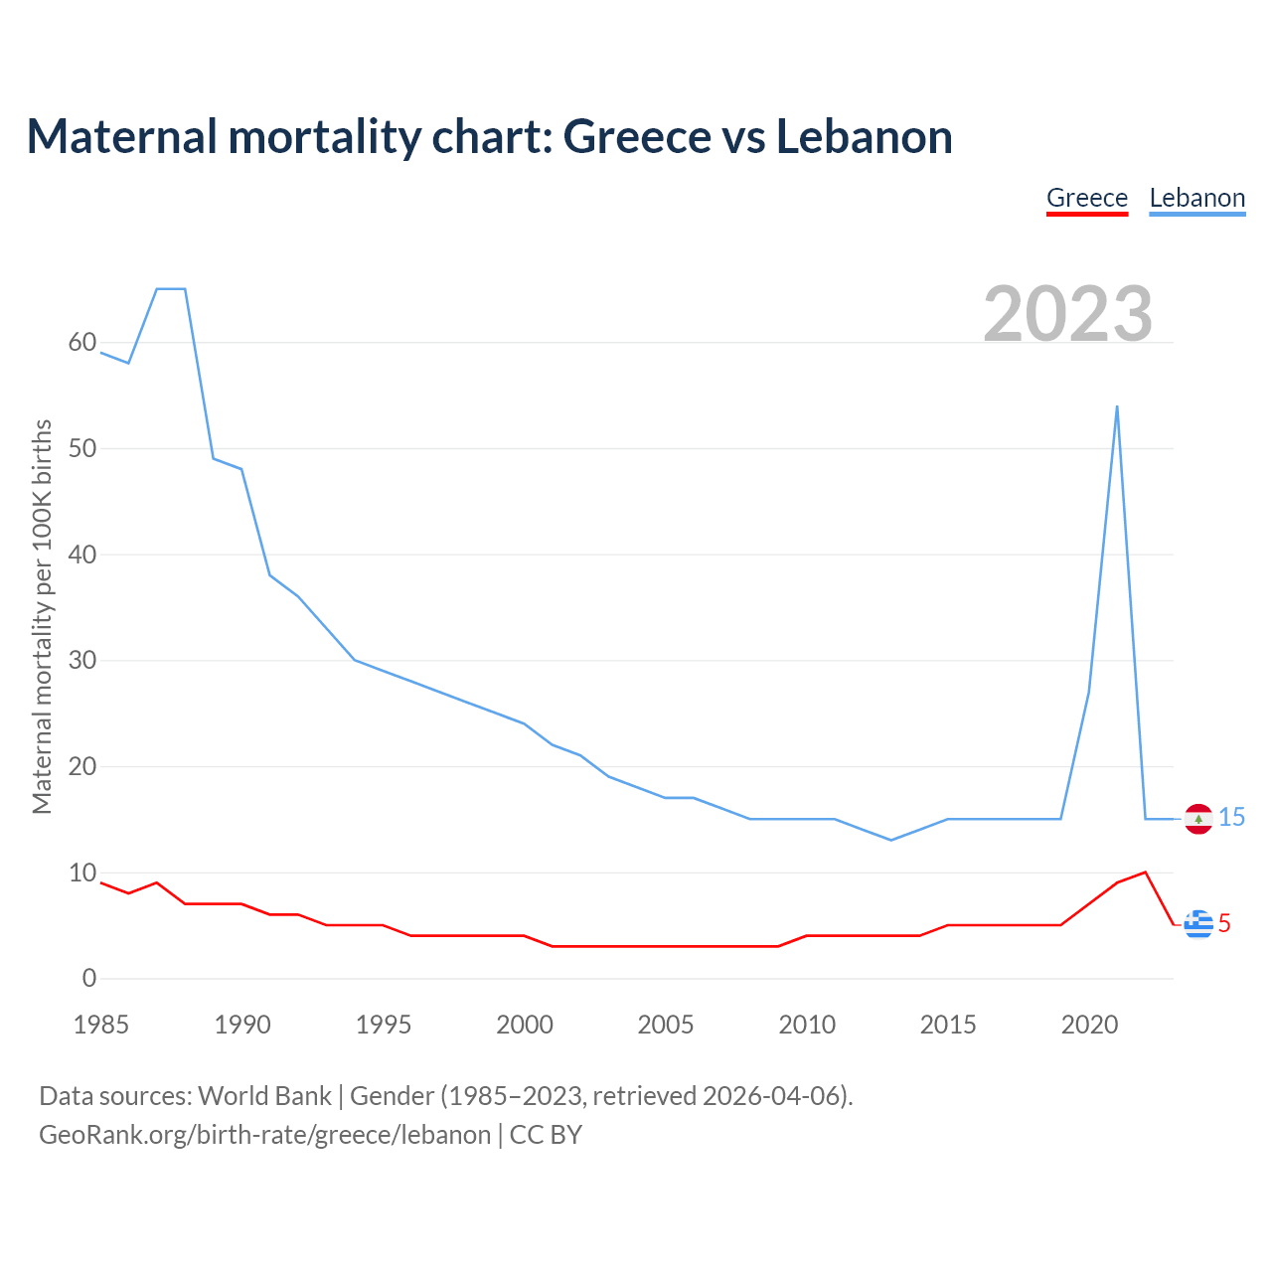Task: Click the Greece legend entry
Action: point(1087,199)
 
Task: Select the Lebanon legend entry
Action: point(1196,199)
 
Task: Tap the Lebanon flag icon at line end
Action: point(1198,819)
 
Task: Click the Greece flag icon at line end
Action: point(1198,924)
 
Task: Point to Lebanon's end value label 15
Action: point(1232,818)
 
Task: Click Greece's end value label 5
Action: point(1224,924)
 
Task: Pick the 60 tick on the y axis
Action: point(82,343)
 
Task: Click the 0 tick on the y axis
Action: point(89,979)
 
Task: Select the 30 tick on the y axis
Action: point(82,661)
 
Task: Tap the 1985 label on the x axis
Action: point(101,1025)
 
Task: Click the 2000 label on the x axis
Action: point(525,1025)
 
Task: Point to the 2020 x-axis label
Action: point(1089,1025)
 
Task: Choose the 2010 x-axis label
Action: point(807,1025)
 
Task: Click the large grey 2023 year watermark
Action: point(1068,314)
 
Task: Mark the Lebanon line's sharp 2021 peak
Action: point(1117,406)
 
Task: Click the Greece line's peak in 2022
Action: point(1146,873)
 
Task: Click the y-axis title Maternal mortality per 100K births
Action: point(42,616)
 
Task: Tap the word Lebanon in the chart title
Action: point(864,137)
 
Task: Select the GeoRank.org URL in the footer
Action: point(264,1135)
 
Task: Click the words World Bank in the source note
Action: point(264,1096)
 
